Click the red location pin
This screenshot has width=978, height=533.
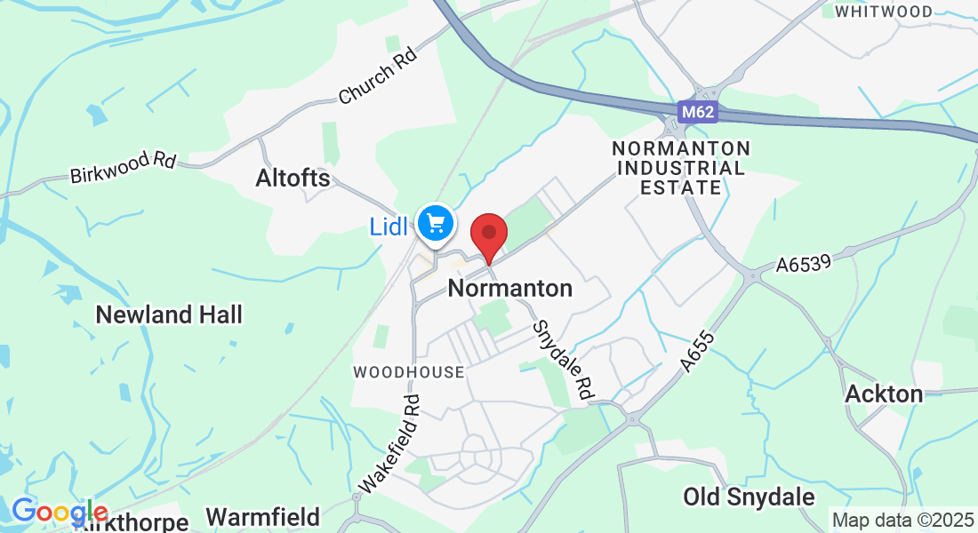[488, 233]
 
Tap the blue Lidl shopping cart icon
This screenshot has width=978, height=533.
[435, 222]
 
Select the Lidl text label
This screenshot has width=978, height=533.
[389, 227]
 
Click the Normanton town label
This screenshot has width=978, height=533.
[510, 289]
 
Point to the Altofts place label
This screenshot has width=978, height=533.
[293, 179]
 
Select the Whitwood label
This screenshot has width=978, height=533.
[883, 12]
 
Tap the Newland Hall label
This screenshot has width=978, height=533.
[169, 314]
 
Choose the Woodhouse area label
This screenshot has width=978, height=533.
[408, 372]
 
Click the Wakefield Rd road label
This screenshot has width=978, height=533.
[389, 443]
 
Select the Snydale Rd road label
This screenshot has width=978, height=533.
[563, 359]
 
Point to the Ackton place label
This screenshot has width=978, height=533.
[884, 394]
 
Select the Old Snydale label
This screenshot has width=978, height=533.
[749, 497]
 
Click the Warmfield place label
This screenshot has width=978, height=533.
[262, 517]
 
